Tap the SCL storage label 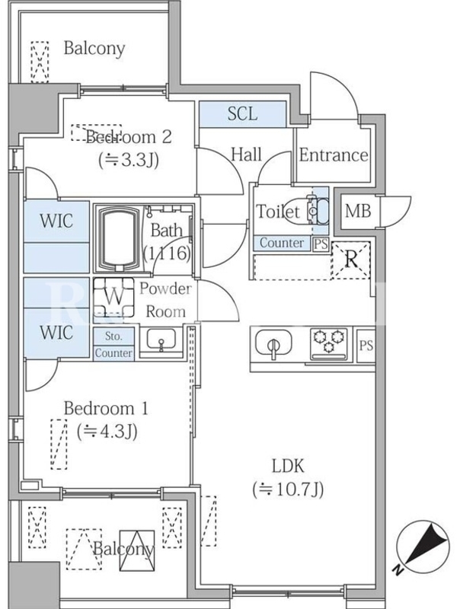point(243,114)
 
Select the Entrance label point(333,155)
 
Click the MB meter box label point(357,210)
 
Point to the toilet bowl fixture point(316,211)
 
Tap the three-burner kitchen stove point(329,344)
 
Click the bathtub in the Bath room point(117,238)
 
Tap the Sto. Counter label point(113,345)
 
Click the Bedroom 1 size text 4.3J point(106,431)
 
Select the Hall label point(246,155)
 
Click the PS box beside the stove point(366,344)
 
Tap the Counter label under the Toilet point(282,244)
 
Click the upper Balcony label point(94,49)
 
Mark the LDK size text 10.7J point(289,489)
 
